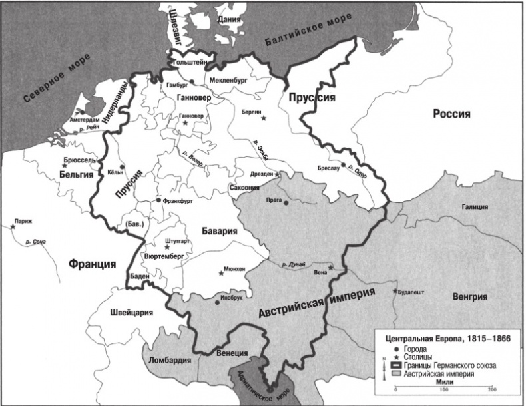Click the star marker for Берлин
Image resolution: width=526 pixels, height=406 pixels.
[x=264, y=118]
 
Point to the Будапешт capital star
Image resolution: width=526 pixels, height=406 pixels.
[x=395, y=291]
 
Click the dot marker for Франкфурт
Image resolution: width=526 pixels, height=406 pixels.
[x=158, y=200]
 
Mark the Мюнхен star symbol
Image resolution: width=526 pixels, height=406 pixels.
[x=222, y=271]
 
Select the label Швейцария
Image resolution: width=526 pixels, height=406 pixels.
[x=131, y=313]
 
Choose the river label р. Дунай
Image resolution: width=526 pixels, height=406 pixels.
[x=293, y=264]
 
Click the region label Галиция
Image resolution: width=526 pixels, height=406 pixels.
[x=475, y=207]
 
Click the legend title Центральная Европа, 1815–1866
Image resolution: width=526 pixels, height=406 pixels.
[x=444, y=339]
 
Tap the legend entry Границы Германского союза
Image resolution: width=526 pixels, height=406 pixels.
[x=453, y=365]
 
